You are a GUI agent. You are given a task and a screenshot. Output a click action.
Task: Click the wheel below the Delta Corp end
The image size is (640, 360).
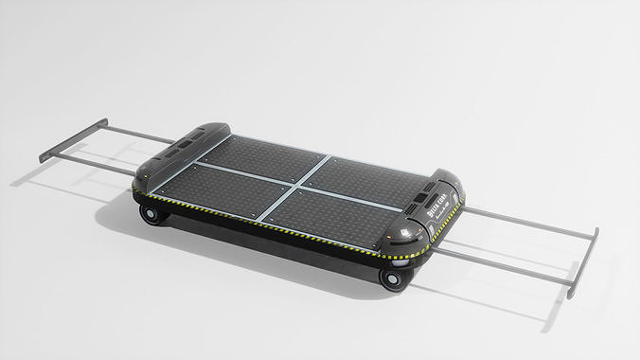(x=390, y=278)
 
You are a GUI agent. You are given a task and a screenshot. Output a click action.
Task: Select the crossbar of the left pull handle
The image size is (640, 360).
(x=73, y=140)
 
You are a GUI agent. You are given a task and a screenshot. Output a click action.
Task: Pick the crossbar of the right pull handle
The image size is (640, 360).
(x=584, y=262)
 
